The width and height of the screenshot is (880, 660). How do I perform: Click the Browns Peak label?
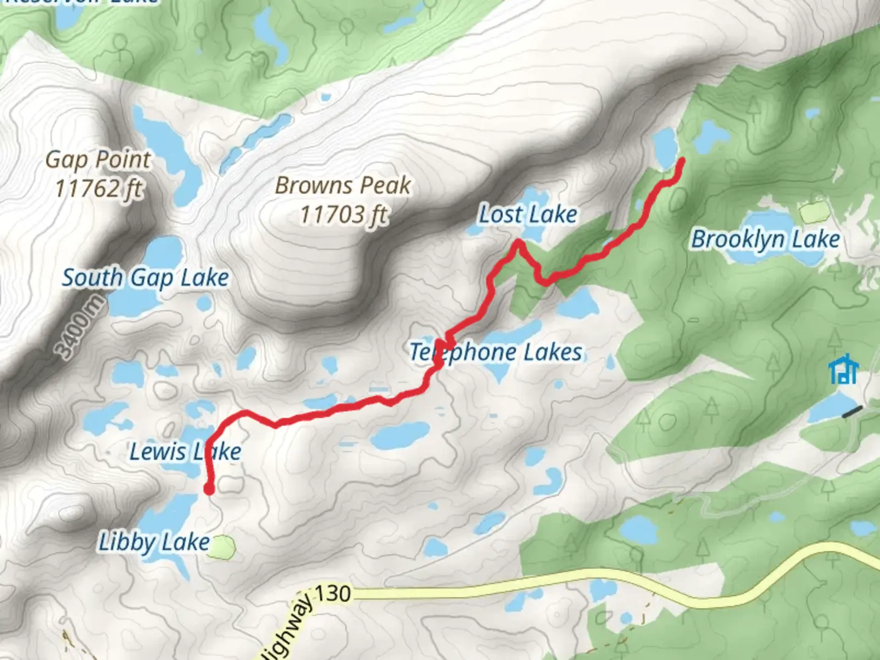point(343,186)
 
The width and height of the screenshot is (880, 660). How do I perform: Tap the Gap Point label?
point(98,160)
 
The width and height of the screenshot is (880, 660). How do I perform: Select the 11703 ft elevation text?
point(344,215)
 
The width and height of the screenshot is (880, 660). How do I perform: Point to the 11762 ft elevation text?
point(99,188)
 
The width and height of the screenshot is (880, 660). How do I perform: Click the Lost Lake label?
point(527,215)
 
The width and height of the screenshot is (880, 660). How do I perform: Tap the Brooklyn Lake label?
point(765,239)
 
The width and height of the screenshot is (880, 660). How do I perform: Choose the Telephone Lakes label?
point(496,353)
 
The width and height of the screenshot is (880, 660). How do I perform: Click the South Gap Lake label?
point(145,278)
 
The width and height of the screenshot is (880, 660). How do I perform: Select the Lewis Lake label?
point(185,452)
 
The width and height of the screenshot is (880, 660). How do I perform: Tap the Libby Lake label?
point(155,542)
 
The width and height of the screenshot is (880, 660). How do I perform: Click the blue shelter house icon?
point(844,369)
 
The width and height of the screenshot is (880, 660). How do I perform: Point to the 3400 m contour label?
point(80,328)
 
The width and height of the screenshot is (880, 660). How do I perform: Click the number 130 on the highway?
point(333,593)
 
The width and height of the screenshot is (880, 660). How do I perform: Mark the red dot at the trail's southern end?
point(209,489)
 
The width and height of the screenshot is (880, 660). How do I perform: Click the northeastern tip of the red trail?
point(681,160)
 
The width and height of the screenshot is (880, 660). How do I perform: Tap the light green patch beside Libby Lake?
point(222,547)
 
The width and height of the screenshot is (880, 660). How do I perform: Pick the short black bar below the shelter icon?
point(852,412)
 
